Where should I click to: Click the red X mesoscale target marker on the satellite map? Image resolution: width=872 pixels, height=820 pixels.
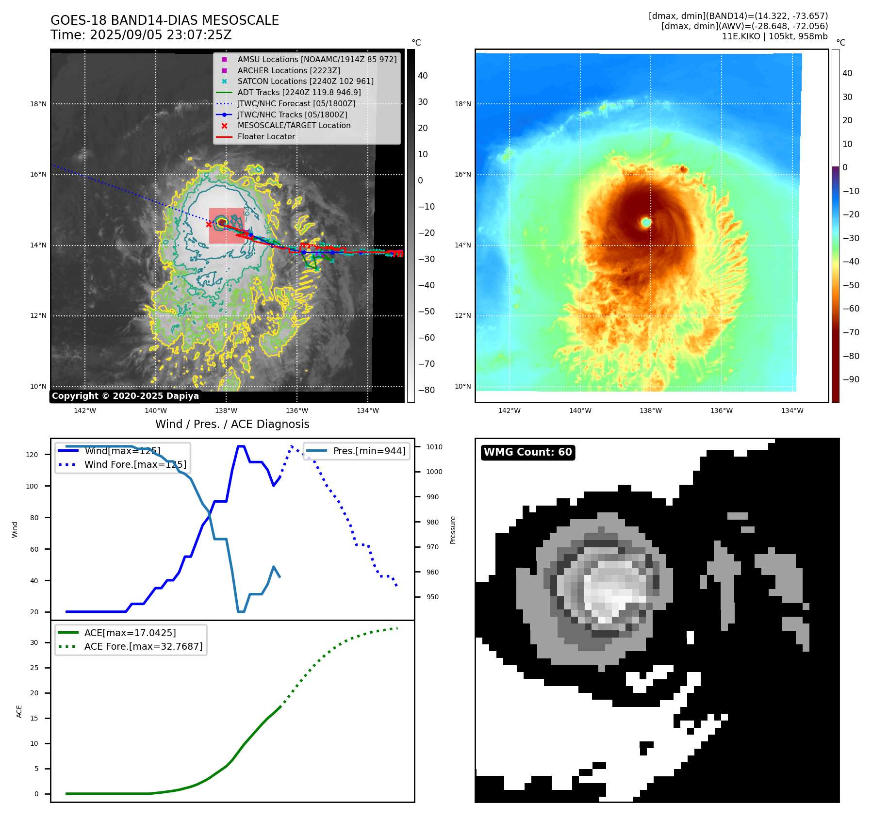pyautogui.click(x=209, y=224)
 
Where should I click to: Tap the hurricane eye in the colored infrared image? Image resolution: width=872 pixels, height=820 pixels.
pyautogui.click(x=646, y=222)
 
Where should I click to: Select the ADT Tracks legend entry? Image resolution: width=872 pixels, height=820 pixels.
pyautogui.click(x=299, y=92)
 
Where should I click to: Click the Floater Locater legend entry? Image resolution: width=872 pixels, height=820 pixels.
pyautogui.click(x=266, y=136)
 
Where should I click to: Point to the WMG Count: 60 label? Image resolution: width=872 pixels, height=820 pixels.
pyautogui.click(x=527, y=452)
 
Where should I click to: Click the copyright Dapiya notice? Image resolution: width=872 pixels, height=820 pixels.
pyautogui.click(x=125, y=396)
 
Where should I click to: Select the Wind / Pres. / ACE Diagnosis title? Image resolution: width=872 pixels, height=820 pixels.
pyautogui.click(x=232, y=424)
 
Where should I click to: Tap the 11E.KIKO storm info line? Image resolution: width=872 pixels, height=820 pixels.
pyautogui.click(x=774, y=36)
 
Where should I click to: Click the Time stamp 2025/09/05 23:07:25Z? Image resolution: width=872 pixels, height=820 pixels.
pyautogui.click(x=141, y=35)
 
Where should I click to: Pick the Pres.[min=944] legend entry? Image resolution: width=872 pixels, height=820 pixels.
pyautogui.click(x=369, y=451)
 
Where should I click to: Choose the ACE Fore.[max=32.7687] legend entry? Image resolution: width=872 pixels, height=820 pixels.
pyautogui.click(x=143, y=646)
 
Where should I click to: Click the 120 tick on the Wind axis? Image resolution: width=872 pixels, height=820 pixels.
pyautogui.click(x=32, y=455)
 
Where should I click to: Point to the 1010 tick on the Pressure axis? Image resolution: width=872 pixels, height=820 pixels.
pyautogui.click(x=434, y=447)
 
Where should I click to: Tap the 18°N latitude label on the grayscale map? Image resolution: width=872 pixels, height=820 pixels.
pyautogui.click(x=38, y=104)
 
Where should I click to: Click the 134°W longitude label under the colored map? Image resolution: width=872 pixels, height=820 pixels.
pyautogui.click(x=792, y=410)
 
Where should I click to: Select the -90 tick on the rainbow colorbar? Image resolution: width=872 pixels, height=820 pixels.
pyautogui.click(x=851, y=379)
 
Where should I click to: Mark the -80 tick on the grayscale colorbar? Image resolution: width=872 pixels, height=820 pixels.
pyautogui.click(x=426, y=390)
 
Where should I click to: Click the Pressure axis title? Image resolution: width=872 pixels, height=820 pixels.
pyautogui.click(x=453, y=530)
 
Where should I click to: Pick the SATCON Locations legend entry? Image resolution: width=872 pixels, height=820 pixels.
pyautogui.click(x=305, y=81)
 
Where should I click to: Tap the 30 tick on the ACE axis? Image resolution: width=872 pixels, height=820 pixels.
pyautogui.click(x=34, y=642)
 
